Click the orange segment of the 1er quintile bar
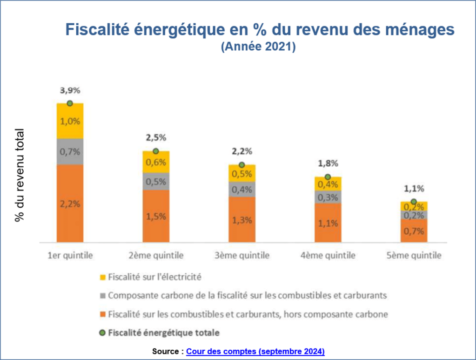point(70,203)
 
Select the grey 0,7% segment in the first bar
point(70,151)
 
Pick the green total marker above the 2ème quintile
point(156,151)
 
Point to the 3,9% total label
point(69,90)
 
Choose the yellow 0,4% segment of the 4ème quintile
point(328,184)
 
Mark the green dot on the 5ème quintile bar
point(414,202)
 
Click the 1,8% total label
point(329,163)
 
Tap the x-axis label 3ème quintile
point(242,255)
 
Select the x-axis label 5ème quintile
point(414,255)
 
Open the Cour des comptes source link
point(255,351)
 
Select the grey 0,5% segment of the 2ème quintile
point(156,182)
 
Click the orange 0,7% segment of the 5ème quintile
point(414,231)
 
